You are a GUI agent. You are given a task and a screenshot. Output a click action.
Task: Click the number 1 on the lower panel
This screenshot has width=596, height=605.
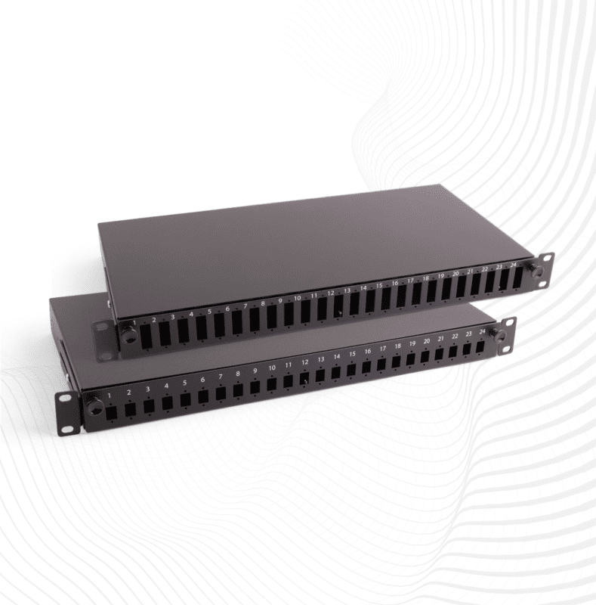(x=110, y=395)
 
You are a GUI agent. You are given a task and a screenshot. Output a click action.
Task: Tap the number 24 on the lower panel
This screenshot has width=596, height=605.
(x=481, y=333)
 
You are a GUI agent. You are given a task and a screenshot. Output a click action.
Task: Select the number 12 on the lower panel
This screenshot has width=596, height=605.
(x=304, y=362)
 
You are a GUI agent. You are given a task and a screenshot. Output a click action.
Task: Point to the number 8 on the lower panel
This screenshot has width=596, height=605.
(x=237, y=373)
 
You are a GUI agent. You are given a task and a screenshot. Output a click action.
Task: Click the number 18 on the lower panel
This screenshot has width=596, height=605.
(x=397, y=347)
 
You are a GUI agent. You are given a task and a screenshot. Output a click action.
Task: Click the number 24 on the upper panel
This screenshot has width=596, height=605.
(x=514, y=265)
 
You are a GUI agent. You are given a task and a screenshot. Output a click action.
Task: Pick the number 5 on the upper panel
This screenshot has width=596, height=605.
(x=209, y=312)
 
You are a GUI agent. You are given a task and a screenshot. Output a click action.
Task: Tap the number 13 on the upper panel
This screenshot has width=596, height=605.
(x=347, y=290)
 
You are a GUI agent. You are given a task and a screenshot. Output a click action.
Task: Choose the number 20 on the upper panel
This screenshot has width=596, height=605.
(x=455, y=274)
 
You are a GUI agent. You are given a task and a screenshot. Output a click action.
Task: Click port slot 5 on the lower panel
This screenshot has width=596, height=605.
(x=185, y=399)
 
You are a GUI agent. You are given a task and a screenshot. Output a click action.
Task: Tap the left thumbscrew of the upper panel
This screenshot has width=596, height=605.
(x=129, y=336)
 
